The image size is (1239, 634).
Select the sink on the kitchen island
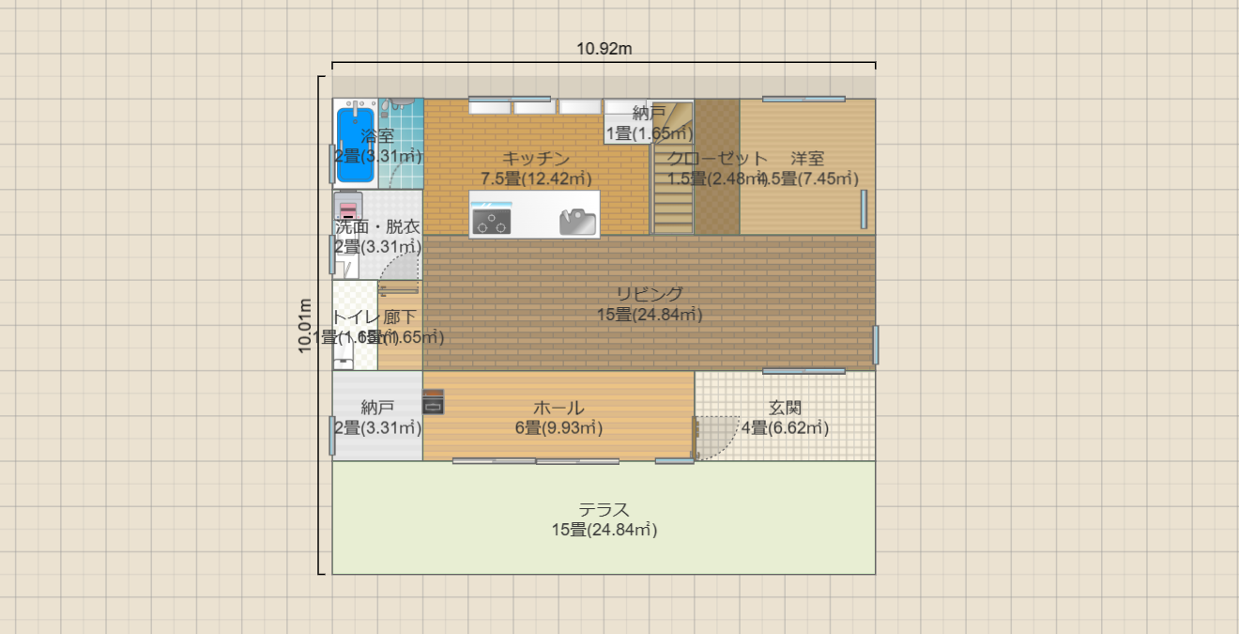(577, 223)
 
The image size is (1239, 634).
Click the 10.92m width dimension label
(604, 49)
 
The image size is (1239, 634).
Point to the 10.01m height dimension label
(306, 326)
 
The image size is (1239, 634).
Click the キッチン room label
(536, 158)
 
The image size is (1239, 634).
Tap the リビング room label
(650, 294)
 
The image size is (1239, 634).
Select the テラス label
(604, 509)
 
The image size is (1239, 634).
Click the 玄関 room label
(785, 408)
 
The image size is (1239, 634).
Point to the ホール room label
(558, 408)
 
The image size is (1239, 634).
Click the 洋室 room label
(807, 158)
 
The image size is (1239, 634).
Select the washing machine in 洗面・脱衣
(348, 206)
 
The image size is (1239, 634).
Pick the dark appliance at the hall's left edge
(434, 402)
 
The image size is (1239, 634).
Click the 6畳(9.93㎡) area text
(558, 428)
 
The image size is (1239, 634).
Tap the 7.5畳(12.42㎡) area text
(536, 178)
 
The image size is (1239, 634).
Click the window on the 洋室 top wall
(803, 99)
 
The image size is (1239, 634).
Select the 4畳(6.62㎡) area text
(785, 428)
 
